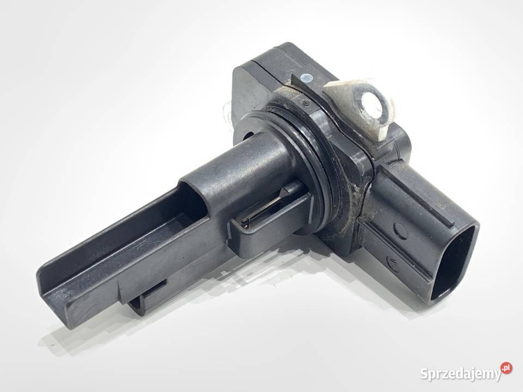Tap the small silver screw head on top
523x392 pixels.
coord(307,78)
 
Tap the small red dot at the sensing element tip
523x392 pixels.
coord(246,227)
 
